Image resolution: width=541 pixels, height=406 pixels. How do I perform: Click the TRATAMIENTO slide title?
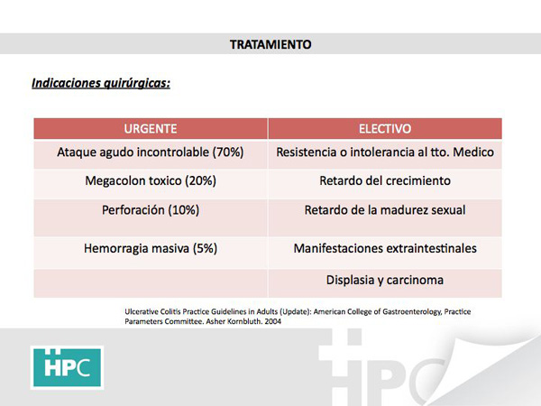270,44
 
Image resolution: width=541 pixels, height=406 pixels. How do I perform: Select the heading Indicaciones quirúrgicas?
101,83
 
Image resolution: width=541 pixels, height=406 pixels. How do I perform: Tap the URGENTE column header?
151,129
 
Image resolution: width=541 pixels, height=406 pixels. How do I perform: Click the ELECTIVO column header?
385,129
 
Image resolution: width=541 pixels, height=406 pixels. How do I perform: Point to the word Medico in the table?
473,152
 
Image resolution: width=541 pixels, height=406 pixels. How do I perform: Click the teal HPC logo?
68,367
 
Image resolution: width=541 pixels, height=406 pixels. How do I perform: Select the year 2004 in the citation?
273,321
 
